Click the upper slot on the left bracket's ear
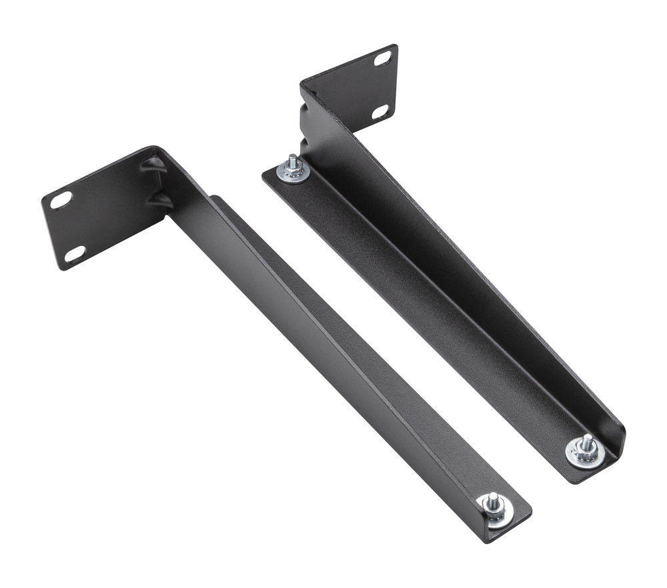[x=61, y=199]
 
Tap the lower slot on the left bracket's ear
[x=75, y=254]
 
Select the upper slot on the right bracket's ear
[x=383, y=59]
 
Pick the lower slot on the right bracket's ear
[x=381, y=111]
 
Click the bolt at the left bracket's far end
[x=494, y=505]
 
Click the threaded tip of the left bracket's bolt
[x=492, y=497]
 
